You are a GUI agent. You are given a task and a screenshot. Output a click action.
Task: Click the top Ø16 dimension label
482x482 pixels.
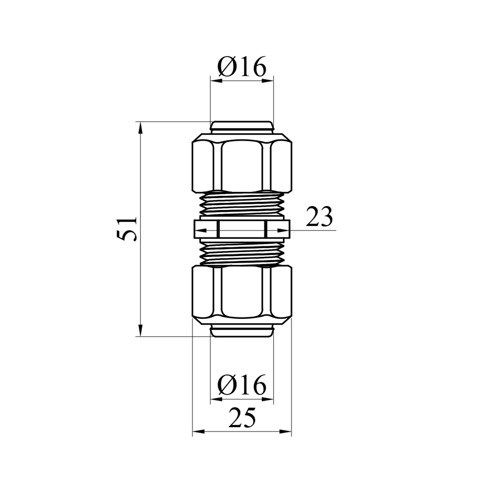(x=242, y=67)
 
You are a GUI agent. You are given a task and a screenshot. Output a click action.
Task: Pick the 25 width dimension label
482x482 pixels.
(x=242, y=418)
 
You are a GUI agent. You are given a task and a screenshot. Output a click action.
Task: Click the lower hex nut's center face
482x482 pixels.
(x=242, y=291)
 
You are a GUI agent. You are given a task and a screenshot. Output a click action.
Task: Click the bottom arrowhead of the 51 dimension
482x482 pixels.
(x=140, y=331)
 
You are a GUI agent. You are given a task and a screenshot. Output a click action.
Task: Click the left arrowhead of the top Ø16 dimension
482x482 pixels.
(x=216, y=80)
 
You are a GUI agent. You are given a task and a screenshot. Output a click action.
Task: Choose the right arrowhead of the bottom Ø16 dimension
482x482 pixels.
(x=268, y=399)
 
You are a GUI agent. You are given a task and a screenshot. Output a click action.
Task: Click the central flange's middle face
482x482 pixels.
(x=242, y=229)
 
